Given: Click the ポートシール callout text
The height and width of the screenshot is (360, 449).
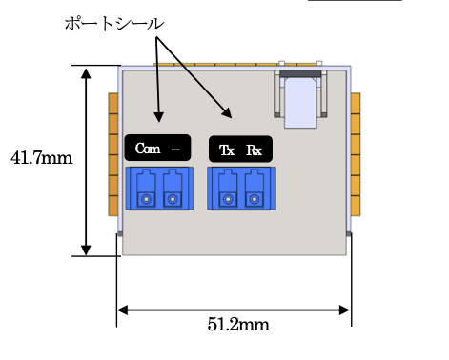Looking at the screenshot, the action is tap(114, 24).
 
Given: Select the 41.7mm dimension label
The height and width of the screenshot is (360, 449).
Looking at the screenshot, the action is tap(42, 158).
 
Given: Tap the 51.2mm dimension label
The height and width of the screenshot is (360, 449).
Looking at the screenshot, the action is tap(238, 325).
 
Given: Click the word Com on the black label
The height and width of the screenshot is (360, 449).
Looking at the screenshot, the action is tap(148, 149).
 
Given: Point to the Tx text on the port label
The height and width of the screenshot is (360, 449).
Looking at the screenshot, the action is tap(227, 150).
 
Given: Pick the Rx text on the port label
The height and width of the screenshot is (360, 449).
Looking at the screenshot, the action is tap(255, 150).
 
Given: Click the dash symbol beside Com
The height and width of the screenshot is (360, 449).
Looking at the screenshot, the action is tap(175, 150).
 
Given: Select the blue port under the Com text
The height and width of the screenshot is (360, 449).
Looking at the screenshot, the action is tap(146, 189).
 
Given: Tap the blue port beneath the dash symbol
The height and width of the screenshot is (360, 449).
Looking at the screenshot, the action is tap(173, 189).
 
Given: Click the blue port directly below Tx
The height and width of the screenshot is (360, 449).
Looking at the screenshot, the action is tap(228, 189).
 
